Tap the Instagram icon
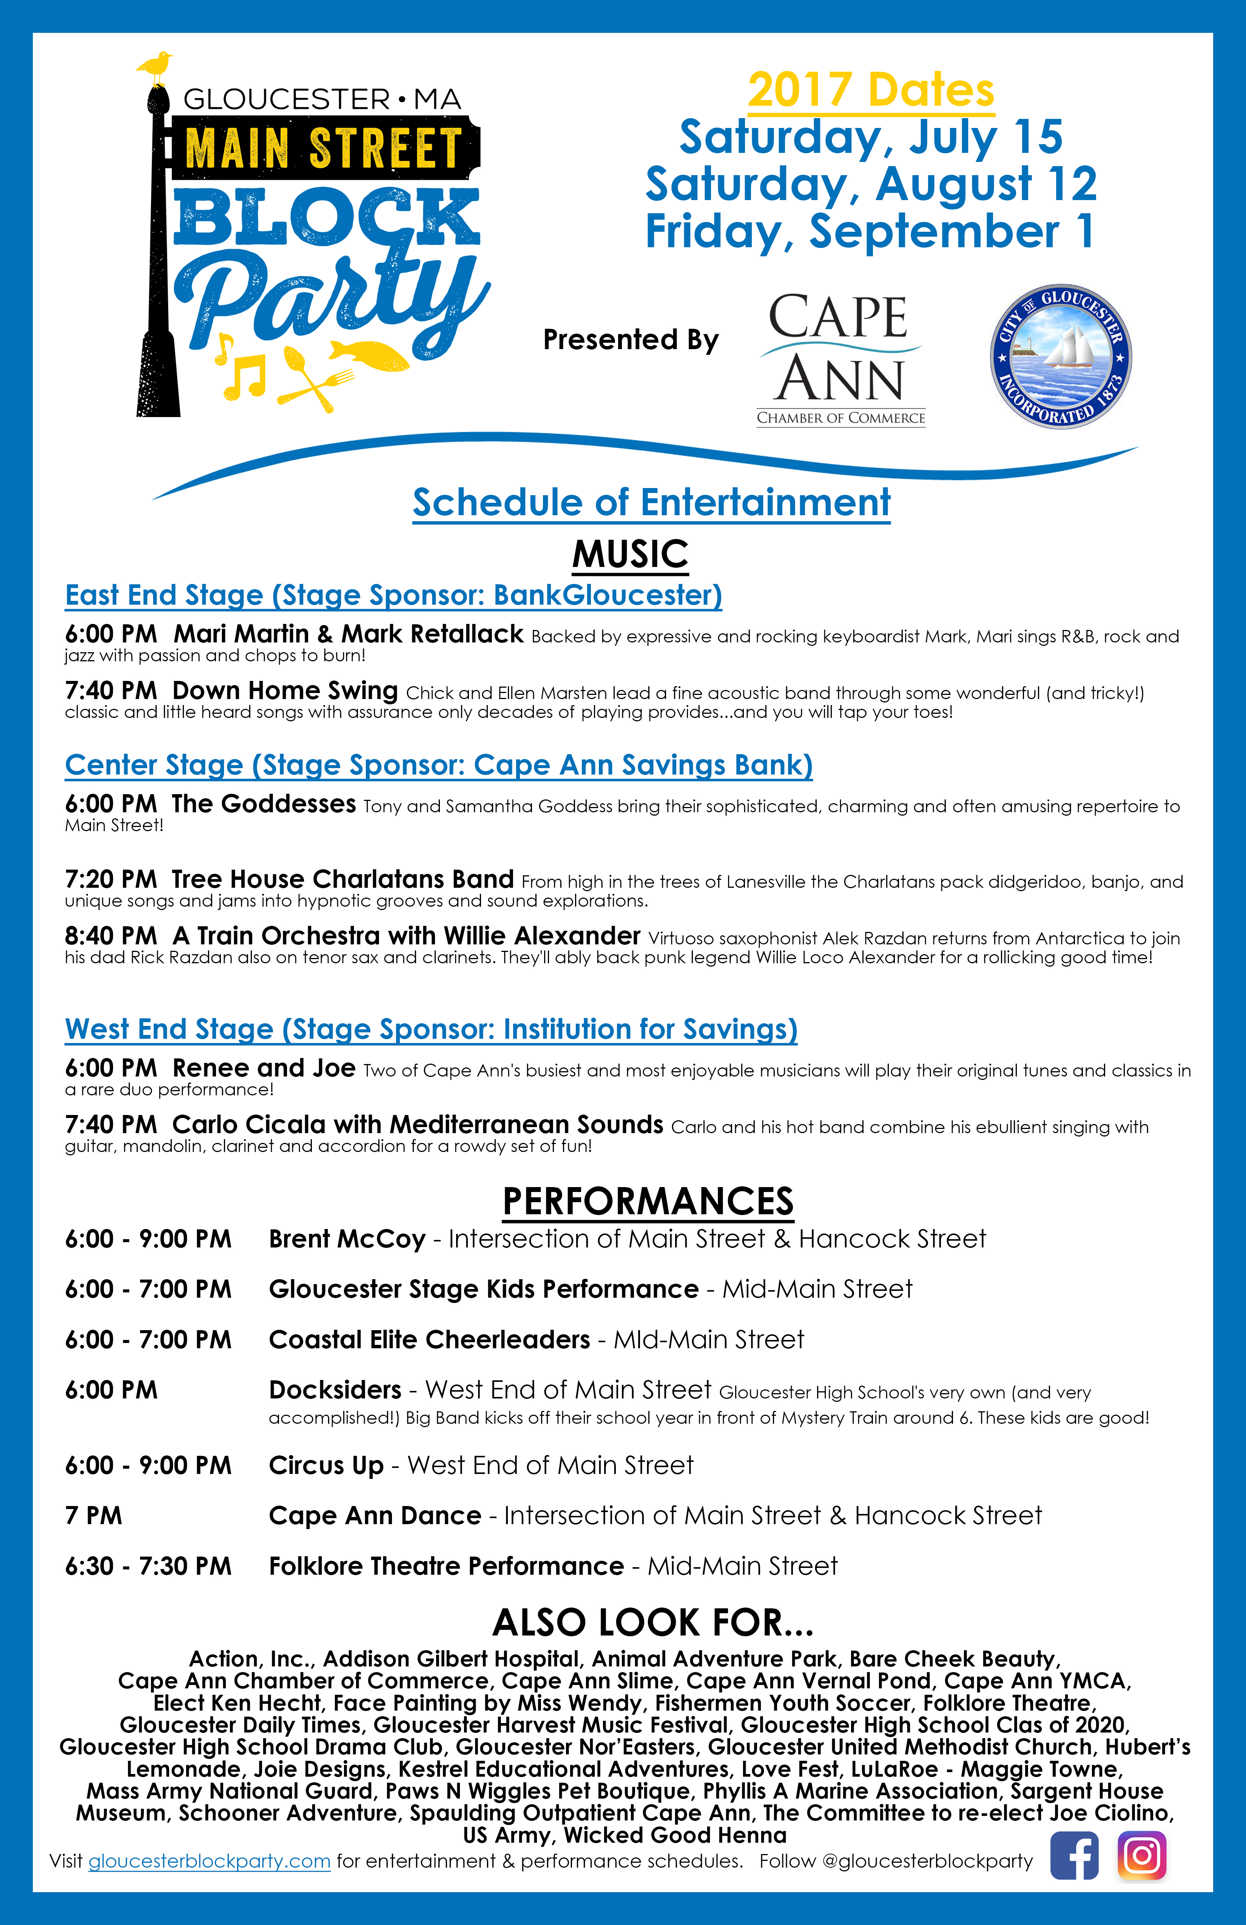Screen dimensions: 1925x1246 1142,1856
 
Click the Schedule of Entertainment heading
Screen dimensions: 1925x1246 651,502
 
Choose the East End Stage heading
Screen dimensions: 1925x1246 393,595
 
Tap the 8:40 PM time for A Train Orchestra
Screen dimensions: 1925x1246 111,936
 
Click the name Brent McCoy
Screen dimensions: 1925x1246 347,1239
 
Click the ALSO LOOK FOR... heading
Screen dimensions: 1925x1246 653,1623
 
